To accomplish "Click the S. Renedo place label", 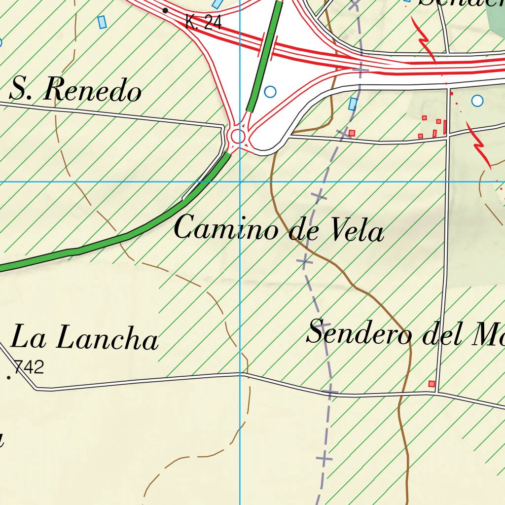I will [x=75, y=91].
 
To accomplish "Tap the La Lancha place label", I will [x=84, y=339].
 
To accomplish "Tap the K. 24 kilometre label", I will [x=203, y=22].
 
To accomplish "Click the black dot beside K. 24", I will [x=165, y=10].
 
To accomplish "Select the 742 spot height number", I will [x=30, y=367].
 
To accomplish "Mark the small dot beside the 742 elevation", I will [x=9, y=378].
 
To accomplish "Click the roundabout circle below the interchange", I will [x=238, y=136].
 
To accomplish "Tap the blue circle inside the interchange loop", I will [x=270, y=92].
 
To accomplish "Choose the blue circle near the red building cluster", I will [x=477, y=101].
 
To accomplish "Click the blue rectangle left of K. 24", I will [x=102, y=22].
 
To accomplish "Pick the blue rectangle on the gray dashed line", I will [x=353, y=104].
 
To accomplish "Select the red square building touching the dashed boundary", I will [x=352, y=133].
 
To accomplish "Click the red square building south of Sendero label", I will [x=432, y=384].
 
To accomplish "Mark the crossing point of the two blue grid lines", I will [x=240, y=181].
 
